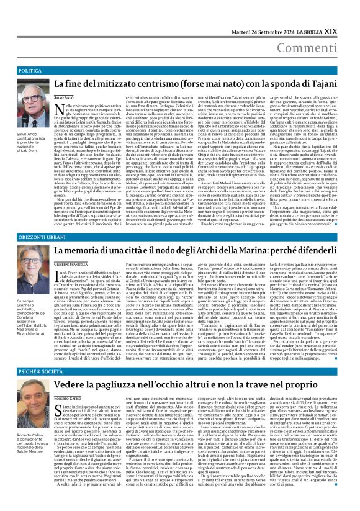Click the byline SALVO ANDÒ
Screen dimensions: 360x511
[66, 98]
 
